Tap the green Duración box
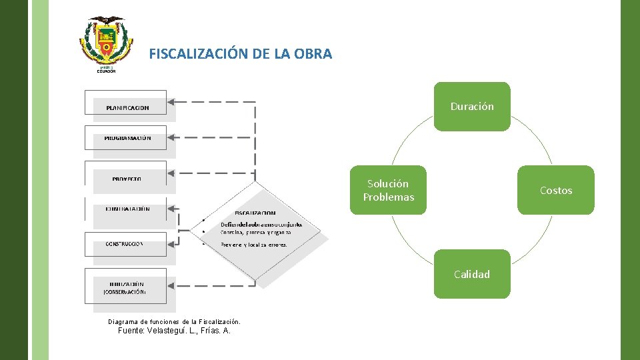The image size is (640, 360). pos(472,107)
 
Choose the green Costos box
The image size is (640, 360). pos(555,191)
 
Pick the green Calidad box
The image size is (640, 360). pos(472,274)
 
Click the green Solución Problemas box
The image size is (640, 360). pos(388,191)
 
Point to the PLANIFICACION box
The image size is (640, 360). pos(127,107)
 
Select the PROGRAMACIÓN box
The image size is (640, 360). pos(127,138)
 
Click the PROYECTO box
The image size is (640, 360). pos(127,179)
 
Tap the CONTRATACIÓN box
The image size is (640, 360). pos(127,209)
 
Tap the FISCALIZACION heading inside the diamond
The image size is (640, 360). pos(255,213)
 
